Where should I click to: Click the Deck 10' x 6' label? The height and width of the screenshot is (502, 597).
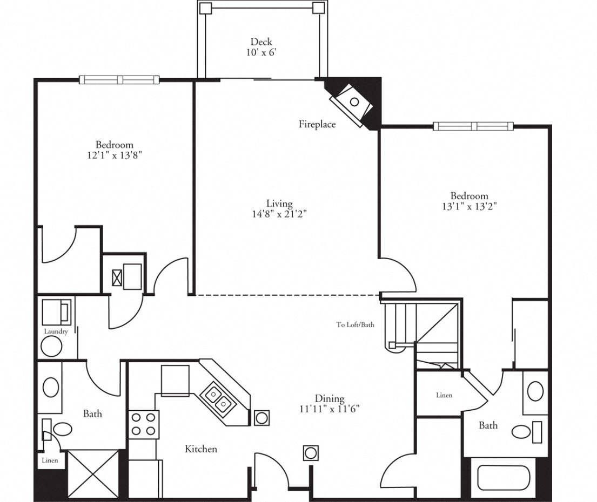coord(261,47)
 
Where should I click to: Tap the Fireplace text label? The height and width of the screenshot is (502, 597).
coord(317,124)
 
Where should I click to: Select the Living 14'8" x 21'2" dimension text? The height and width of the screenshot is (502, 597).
coord(279,208)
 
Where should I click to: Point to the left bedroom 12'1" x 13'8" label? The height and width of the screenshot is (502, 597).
coord(114,150)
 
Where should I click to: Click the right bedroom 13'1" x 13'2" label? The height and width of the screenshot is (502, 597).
coord(469,200)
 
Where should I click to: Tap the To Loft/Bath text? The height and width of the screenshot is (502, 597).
coord(355,325)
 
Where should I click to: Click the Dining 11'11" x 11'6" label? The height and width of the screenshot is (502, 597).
coord(330,403)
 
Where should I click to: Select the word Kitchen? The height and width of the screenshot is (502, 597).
coord(201,449)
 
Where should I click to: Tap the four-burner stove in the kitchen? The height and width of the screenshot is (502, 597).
coord(143,424)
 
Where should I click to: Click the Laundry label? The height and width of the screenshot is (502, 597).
coord(56,331)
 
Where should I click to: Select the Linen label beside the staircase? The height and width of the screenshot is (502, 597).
coord(444,395)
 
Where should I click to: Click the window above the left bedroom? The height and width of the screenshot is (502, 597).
coord(120,80)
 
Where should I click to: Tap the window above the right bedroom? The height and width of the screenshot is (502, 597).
coord(473,126)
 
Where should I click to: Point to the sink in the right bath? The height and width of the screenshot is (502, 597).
coord(535,391)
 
